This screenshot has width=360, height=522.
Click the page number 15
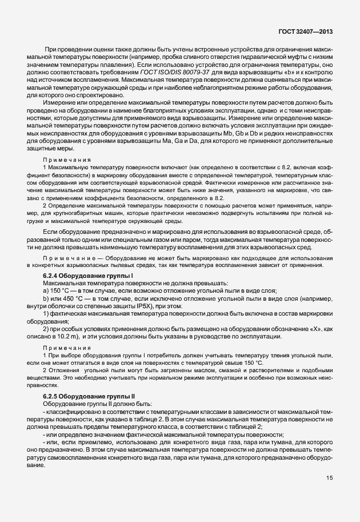coord(330,493)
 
